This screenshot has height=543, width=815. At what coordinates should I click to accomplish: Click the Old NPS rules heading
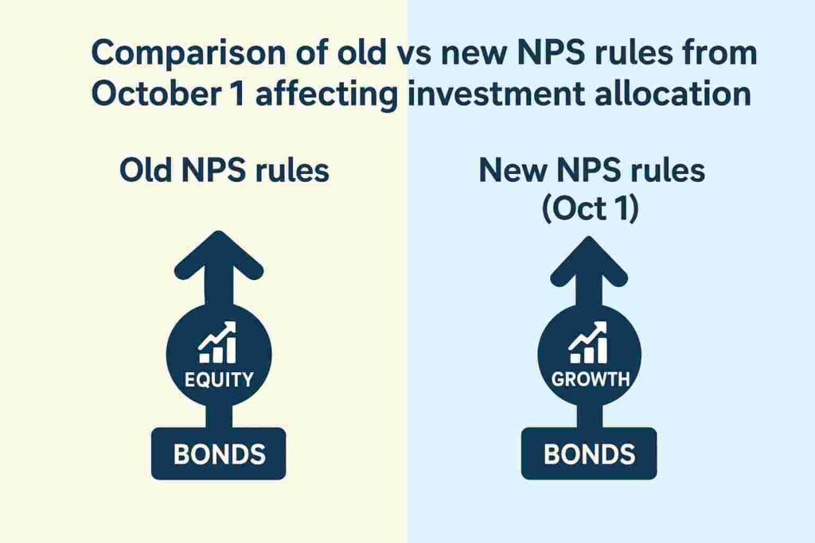pyautogui.click(x=224, y=171)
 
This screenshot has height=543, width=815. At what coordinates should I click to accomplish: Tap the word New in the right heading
pyautogui.click(x=511, y=171)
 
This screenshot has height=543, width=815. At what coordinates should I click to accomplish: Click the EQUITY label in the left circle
pyautogui.click(x=218, y=380)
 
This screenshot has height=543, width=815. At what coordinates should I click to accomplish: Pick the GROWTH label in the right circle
pyautogui.click(x=590, y=380)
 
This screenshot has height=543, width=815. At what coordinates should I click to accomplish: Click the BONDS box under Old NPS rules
pyautogui.click(x=219, y=454)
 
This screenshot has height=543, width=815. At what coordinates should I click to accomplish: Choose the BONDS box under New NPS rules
pyautogui.click(x=589, y=454)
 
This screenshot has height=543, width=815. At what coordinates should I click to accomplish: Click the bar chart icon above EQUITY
pyautogui.click(x=217, y=343)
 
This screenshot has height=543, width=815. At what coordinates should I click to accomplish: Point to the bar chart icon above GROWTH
pyautogui.click(x=589, y=343)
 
